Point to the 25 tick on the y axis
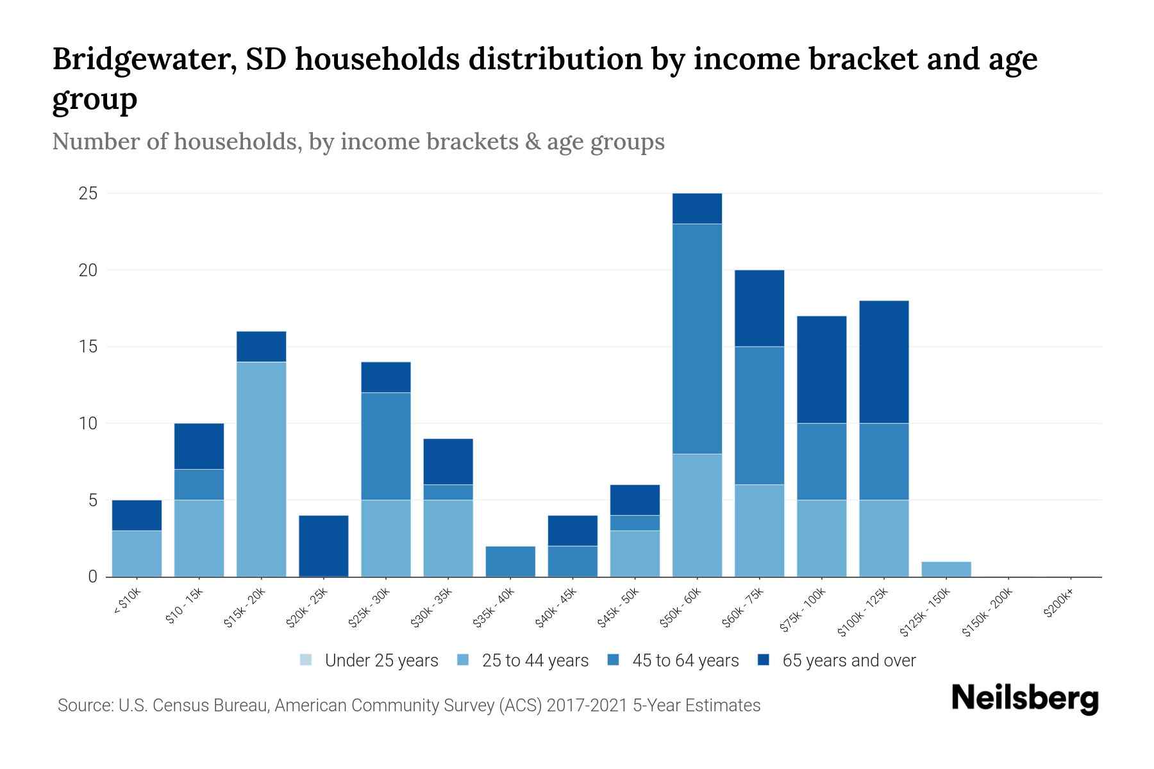click(88, 194)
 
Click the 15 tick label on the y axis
click(88, 347)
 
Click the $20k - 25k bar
click(324, 546)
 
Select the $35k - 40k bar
click(510, 561)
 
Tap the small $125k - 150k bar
click(946, 569)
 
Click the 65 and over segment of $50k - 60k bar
click(697, 209)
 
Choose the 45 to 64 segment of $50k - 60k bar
click(697, 339)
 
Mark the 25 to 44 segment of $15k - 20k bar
click(262, 469)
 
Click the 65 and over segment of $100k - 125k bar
click(883, 362)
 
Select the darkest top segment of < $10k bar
click(137, 515)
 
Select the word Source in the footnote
click(84, 706)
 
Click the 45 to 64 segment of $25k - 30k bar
click(386, 446)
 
